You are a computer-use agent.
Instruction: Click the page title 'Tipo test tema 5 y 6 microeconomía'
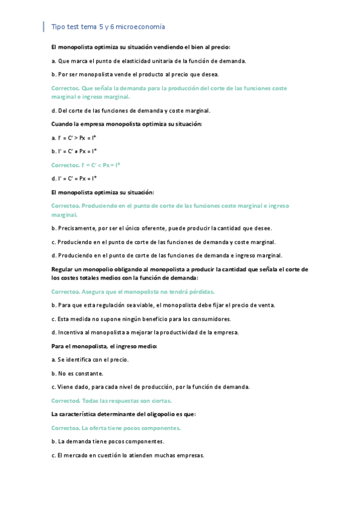pos(108,27)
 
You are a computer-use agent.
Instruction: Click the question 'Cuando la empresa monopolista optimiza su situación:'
pos(126,124)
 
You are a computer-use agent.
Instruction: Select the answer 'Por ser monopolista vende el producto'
pos(135,74)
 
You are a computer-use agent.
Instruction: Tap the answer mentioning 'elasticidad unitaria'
pos(148,61)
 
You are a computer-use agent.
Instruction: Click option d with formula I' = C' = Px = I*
pos(74,179)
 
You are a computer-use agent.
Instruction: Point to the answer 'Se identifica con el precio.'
pos(90,360)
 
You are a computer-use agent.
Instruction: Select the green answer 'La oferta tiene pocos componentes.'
pos(116,428)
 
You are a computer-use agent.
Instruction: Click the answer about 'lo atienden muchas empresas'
pos(127,455)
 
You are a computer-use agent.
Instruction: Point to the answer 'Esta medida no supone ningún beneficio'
pos(141,319)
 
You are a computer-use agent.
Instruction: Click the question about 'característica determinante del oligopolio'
pos(123,414)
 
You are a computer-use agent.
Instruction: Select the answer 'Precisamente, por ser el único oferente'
pos(162,229)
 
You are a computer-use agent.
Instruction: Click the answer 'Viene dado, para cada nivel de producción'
pos(150,387)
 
